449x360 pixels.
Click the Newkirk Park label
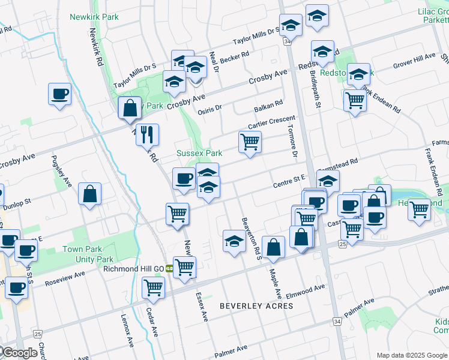pyautogui.click(x=94, y=17)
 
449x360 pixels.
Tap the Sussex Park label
pyautogui.click(x=199, y=154)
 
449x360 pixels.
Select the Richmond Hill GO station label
pyautogui.click(x=134, y=268)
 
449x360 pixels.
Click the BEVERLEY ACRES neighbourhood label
pyautogui.click(x=256, y=306)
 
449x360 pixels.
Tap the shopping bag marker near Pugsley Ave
pyautogui.click(x=89, y=194)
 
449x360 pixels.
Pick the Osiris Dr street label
pyautogui.click(x=210, y=109)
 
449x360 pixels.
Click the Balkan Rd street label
pyautogui.click(x=268, y=107)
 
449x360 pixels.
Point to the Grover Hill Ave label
pyautogui.click(x=414, y=61)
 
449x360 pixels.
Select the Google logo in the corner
pyautogui.click(x=19, y=353)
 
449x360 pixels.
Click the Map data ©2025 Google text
pyautogui.click(x=412, y=355)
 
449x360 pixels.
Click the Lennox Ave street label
pyautogui.click(x=127, y=331)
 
